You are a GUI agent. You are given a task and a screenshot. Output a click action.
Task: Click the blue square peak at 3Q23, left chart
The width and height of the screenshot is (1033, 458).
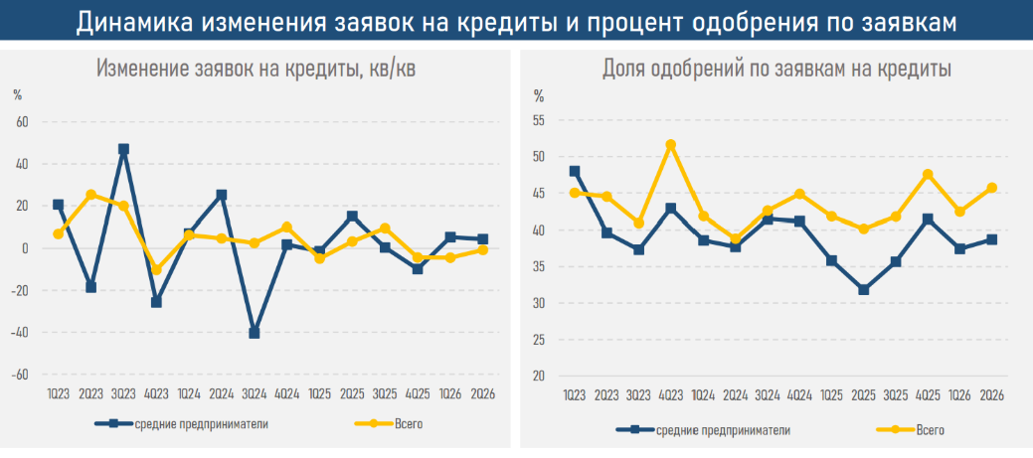pos(123,149)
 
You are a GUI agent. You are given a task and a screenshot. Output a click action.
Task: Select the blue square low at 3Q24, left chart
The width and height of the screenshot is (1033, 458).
pos(255,333)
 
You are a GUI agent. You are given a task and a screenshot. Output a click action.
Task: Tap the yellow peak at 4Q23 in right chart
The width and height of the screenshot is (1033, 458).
pos(671,145)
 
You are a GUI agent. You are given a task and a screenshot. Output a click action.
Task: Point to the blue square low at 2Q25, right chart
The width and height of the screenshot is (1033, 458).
pos(864,289)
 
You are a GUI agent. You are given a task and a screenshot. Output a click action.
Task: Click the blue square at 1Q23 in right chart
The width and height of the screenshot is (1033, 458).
pos(575,171)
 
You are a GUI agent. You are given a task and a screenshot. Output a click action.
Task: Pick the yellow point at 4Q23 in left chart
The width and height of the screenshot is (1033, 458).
pos(156,270)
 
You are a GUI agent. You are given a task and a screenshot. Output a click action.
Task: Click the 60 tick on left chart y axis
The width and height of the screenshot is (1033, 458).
pos(23,122)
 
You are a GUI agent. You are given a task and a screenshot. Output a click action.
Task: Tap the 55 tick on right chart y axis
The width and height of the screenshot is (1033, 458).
pos(539,120)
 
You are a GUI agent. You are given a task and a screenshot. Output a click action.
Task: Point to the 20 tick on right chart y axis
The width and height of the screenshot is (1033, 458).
pos(539,376)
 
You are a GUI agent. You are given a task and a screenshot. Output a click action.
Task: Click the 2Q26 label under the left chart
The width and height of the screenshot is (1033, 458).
pos(483,394)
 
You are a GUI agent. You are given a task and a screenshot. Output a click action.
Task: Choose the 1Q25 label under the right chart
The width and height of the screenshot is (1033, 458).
pos(831,394)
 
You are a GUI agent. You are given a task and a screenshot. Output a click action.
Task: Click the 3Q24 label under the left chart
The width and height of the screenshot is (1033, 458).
pos(255,394)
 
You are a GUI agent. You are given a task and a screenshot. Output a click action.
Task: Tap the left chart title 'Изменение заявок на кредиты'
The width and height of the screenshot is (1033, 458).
pos(228,69)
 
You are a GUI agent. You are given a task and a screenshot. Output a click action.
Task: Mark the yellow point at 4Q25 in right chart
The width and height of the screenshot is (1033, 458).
pos(929,175)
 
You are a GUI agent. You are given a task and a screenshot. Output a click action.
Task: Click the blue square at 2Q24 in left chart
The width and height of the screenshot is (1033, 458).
pos(222,195)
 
